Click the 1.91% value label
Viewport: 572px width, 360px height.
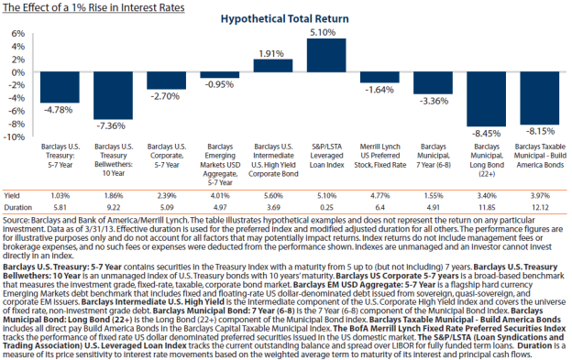coord(272,54)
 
